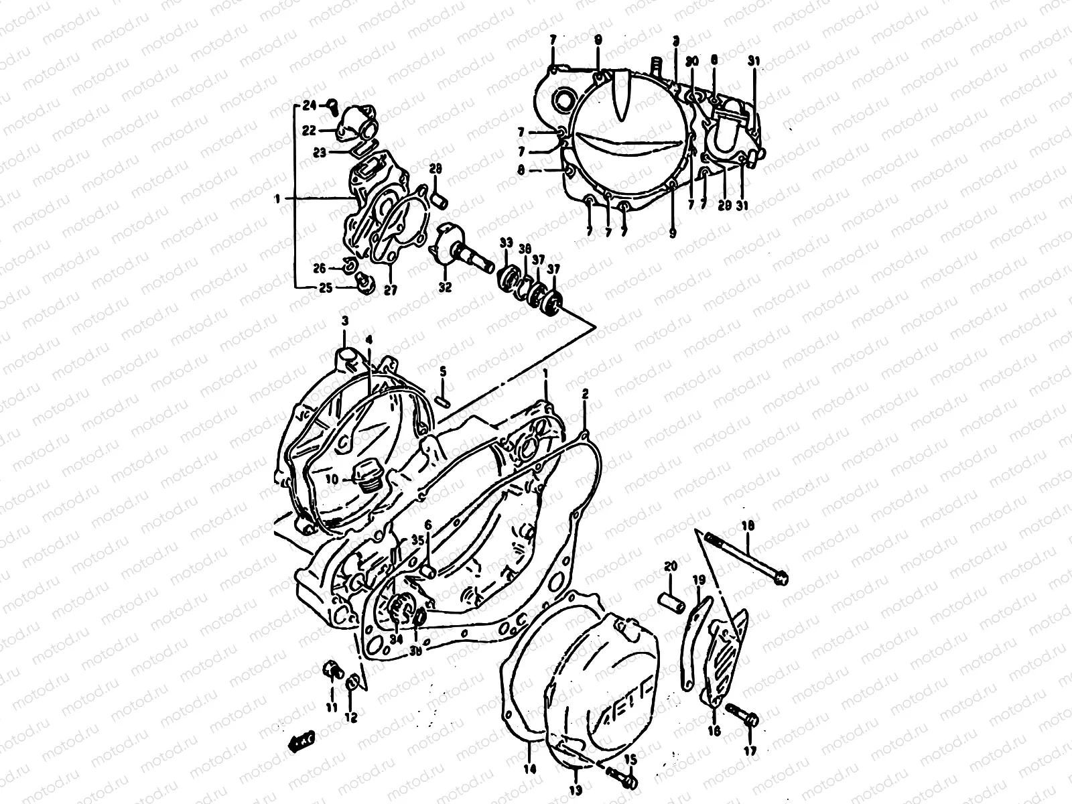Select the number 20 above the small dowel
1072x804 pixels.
point(671,567)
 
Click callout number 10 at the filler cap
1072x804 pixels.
point(333,479)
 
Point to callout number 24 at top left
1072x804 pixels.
point(309,105)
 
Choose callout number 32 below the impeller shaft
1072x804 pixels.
point(445,287)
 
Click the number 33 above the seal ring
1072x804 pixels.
point(506,242)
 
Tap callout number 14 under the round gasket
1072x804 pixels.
point(530,770)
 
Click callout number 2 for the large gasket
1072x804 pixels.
point(585,395)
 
